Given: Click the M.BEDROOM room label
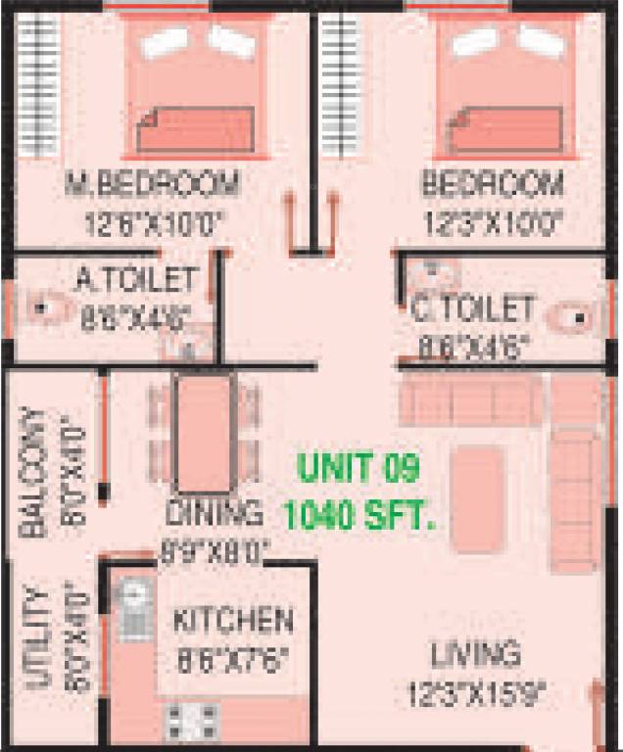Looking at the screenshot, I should pyautogui.click(x=152, y=183).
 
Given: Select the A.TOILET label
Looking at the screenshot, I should pyautogui.click(x=136, y=281).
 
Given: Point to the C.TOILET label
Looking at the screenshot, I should pyautogui.click(x=472, y=309).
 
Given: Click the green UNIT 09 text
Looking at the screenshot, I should pyautogui.click(x=359, y=468).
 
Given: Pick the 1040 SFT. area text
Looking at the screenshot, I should pyautogui.click(x=358, y=515).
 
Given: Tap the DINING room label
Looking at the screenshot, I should pyautogui.click(x=214, y=512).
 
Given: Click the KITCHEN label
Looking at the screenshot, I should pyautogui.click(x=233, y=620).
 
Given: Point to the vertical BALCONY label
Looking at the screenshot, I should pyautogui.click(x=33, y=473).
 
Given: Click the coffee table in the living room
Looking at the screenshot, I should pyautogui.click(x=478, y=488).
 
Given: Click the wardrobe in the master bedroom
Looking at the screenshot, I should pyautogui.click(x=39, y=85).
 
